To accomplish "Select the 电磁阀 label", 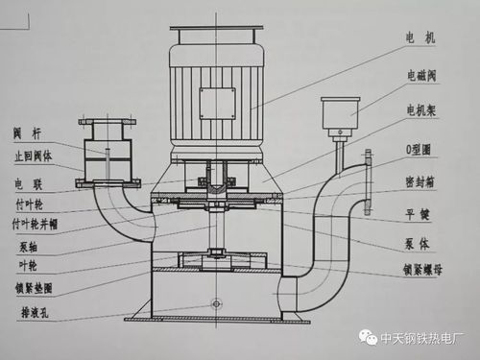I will (427, 73).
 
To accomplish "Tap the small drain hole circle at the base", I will (216, 303).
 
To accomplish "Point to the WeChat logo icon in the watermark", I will (369, 336).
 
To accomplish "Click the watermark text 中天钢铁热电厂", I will (424, 337).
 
